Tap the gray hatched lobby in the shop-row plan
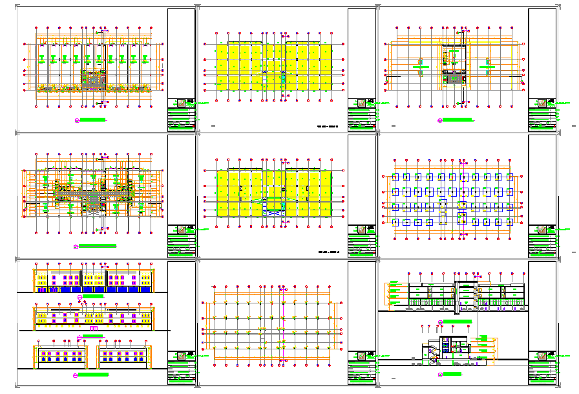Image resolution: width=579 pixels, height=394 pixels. point(94,78)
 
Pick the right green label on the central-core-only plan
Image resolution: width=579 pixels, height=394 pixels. point(489,65)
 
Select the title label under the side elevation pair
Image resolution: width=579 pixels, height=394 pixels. point(94,373)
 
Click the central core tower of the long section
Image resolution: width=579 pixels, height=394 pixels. point(465,294)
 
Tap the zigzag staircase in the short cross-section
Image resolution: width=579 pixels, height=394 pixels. point(433,351)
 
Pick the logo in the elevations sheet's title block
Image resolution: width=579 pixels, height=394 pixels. point(182,356)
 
